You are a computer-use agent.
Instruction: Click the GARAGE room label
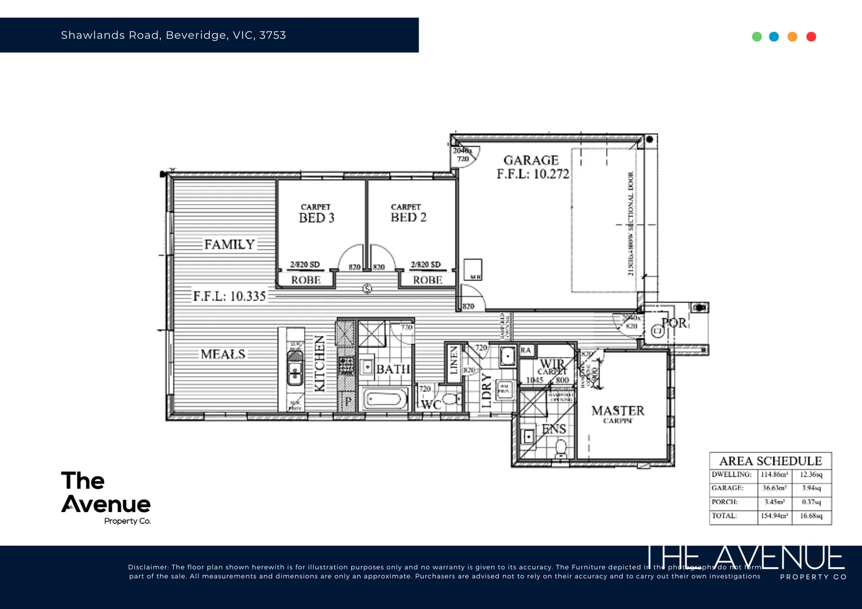tap(531, 160)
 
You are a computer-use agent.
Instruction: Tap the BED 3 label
tap(316, 218)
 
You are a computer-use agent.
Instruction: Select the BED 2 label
tap(408, 218)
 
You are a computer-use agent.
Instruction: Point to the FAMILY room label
tap(229, 245)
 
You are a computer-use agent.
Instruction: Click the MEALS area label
tap(223, 355)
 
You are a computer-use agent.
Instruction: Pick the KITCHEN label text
tap(319, 364)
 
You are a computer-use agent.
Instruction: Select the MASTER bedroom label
tap(618, 411)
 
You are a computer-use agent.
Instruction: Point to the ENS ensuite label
tap(553, 429)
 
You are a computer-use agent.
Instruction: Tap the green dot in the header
tap(757, 37)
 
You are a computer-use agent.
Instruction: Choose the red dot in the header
tap(811, 37)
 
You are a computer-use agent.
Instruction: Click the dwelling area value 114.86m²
tap(774, 475)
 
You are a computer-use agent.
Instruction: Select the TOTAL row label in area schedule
tap(724, 516)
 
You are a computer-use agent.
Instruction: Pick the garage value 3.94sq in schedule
tap(811, 488)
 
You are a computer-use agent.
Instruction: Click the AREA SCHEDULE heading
tap(771, 461)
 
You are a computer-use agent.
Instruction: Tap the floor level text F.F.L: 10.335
tap(229, 297)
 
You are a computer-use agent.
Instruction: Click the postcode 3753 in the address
tap(272, 35)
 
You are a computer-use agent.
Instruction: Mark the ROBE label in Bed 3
tap(306, 280)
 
